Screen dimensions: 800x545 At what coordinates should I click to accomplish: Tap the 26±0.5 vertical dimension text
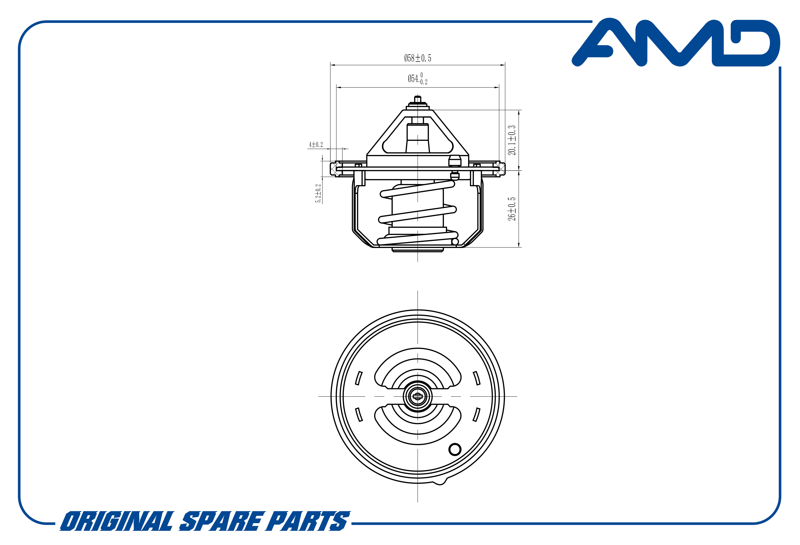point(512,209)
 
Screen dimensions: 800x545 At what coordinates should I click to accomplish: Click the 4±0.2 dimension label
point(316,145)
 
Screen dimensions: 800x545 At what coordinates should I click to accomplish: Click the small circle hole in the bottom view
point(455,449)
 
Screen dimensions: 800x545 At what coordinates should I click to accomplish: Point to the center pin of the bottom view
point(418,397)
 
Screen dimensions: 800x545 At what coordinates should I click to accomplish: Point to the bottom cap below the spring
point(418,250)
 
